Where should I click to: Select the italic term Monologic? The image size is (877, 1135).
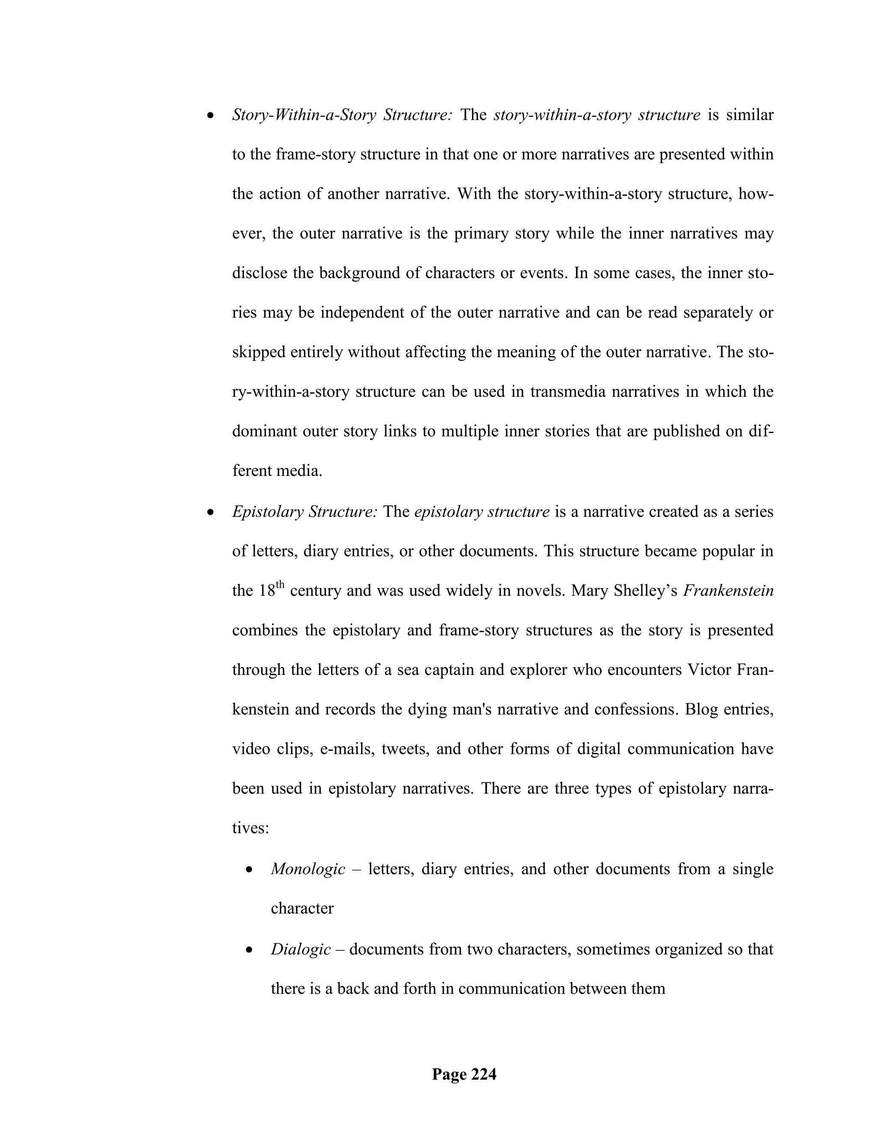(308, 869)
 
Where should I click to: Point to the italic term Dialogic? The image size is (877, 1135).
(301, 950)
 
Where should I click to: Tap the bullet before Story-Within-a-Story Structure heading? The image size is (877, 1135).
(210, 115)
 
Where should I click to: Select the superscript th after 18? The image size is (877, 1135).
(280, 585)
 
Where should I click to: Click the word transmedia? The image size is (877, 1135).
(568, 391)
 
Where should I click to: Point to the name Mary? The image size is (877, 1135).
(589, 591)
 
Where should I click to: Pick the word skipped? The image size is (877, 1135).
(259, 352)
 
